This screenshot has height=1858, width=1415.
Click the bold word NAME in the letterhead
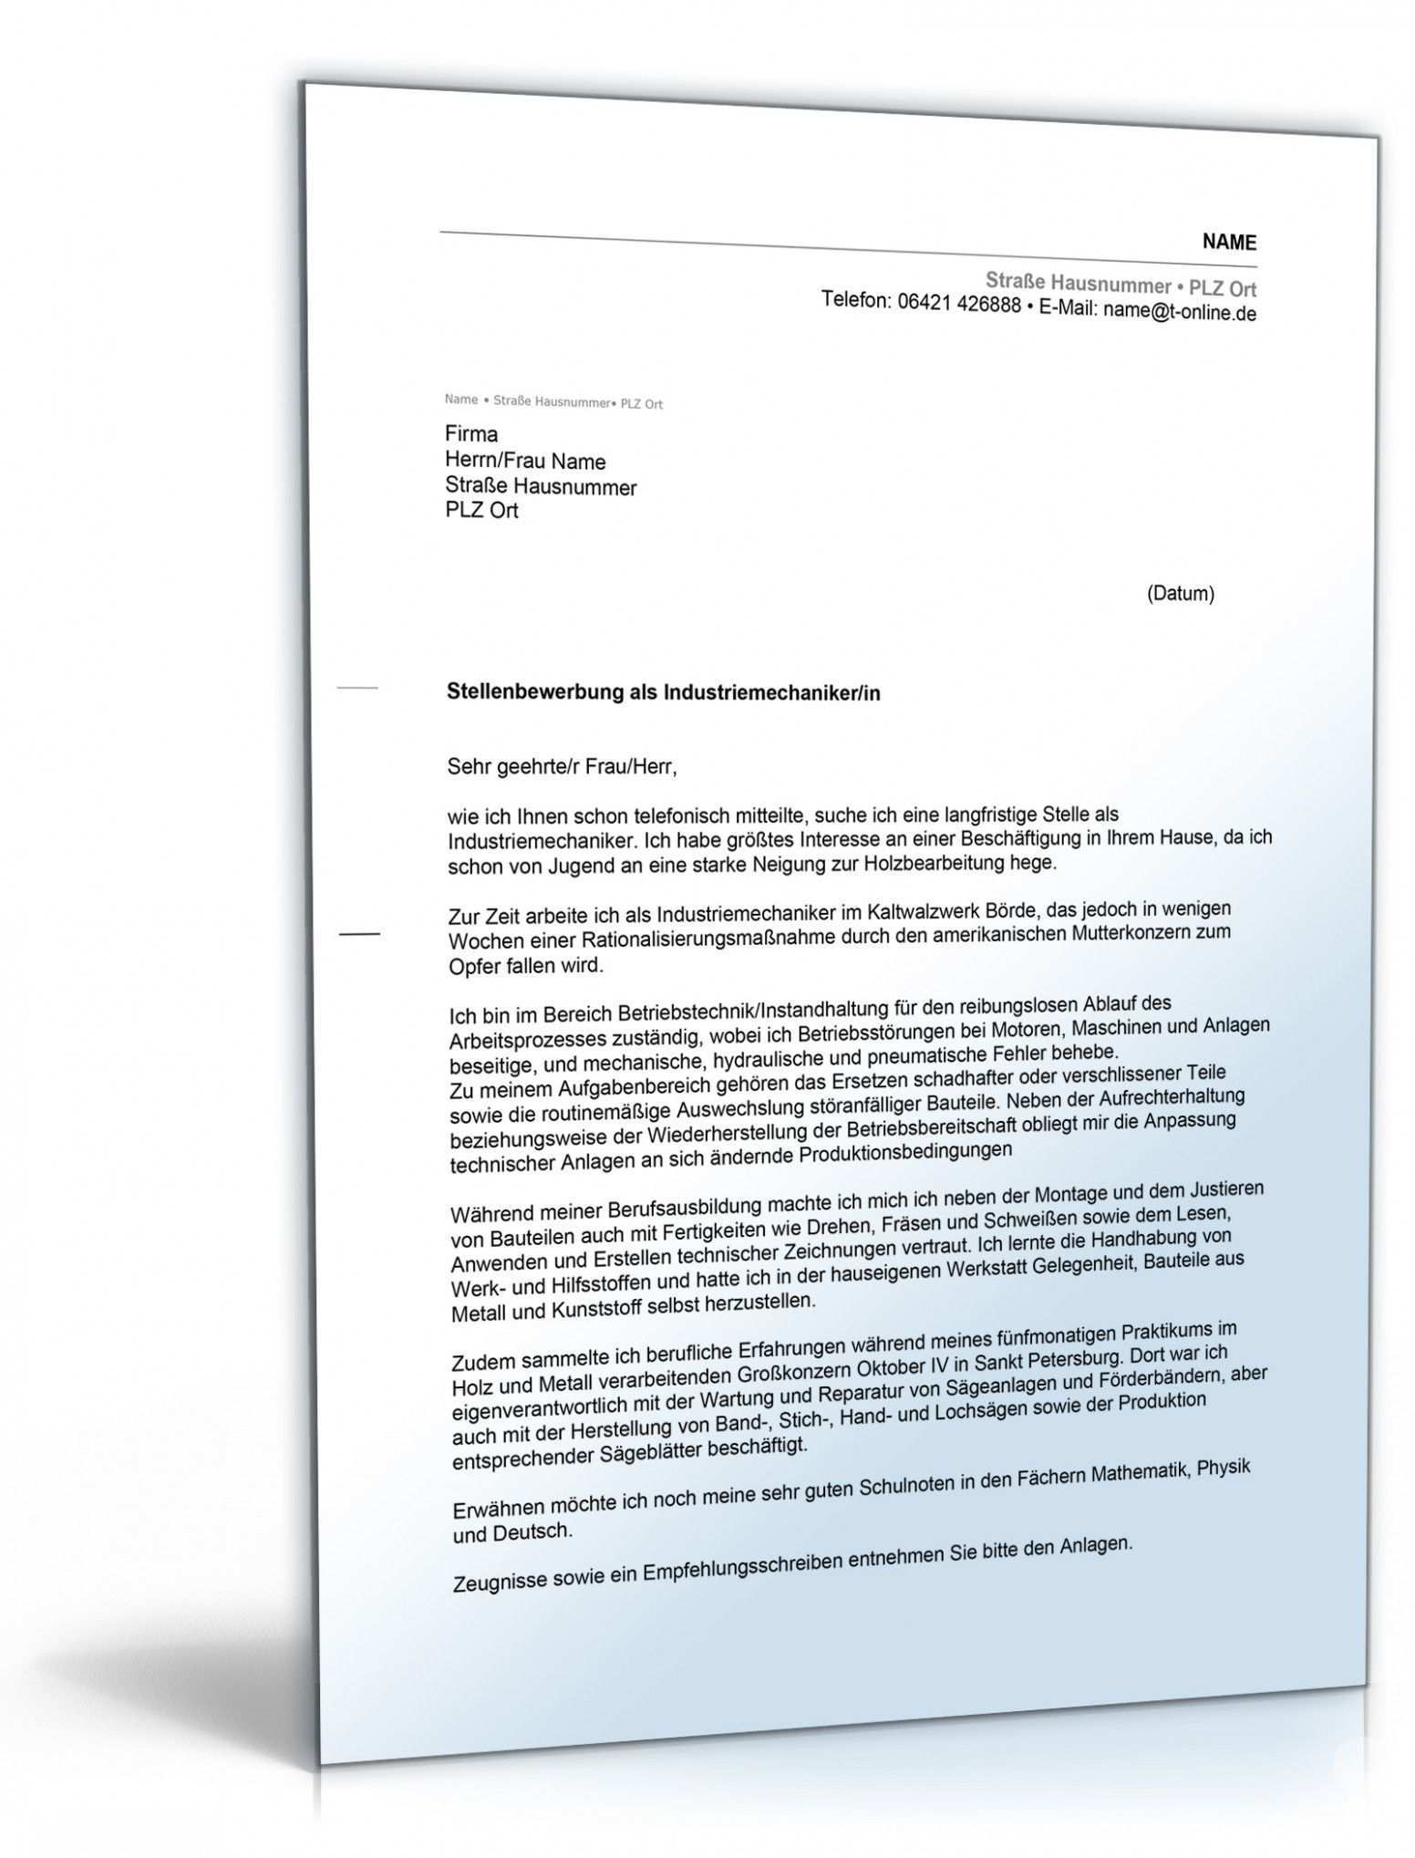click(x=1228, y=242)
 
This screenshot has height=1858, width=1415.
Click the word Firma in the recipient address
click(x=471, y=434)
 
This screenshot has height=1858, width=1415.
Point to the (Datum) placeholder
click(x=1180, y=594)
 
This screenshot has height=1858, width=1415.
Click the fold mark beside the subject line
click(x=357, y=687)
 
